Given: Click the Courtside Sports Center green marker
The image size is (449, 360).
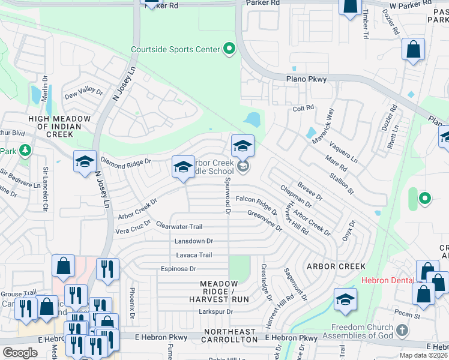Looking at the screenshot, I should pyautogui.click(x=229, y=49).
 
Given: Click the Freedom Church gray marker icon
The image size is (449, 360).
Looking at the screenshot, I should pyautogui.click(x=402, y=331).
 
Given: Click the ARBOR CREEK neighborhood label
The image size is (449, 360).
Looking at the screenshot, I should pyautogui.click(x=336, y=266).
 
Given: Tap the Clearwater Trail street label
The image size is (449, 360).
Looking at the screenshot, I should pyautogui.click(x=179, y=227).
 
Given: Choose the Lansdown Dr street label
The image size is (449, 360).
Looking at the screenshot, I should pyautogui.click(x=193, y=241).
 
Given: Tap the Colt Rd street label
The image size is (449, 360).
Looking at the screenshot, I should pyautogui.click(x=303, y=108).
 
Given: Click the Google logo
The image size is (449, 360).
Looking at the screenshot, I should pyautogui.click(x=20, y=353).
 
